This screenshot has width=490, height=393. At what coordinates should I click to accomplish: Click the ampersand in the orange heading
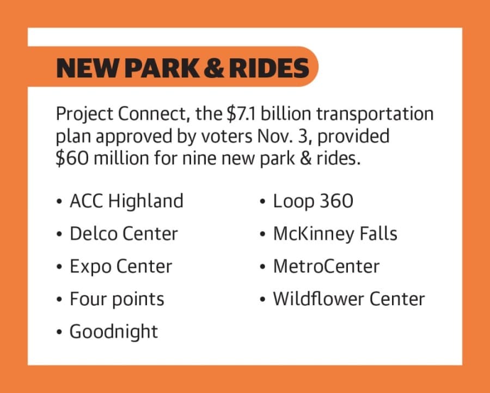click(x=214, y=68)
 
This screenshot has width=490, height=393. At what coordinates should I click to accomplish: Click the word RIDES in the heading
click(x=269, y=68)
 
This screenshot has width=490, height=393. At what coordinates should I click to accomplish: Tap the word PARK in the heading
click(x=162, y=68)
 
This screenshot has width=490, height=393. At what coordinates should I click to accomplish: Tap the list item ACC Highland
click(x=126, y=201)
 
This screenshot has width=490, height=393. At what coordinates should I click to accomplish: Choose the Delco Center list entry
click(x=124, y=233)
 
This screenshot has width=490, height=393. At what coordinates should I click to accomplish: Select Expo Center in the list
click(x=121, y=267)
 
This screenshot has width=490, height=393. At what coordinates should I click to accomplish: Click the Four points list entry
click(x=117, y=299)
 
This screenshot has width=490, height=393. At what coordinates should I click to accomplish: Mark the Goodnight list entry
click(x=114, y=331)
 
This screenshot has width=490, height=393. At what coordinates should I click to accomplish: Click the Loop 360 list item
click(x=313, y=201)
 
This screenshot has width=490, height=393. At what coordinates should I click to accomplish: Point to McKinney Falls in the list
click(x=335, y=233)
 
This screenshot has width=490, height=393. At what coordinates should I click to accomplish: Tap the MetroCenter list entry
click(x=326, y=267)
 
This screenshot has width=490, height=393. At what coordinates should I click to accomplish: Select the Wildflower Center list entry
click(x=349, y=299)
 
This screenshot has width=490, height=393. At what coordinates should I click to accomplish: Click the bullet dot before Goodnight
click(x=59, y=332)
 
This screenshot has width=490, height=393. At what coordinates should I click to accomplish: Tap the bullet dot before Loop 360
click(x=262, y=202)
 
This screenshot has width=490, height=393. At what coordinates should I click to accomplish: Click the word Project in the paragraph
click(x=85, y=114)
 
